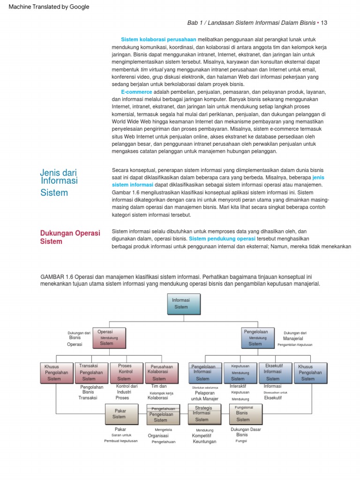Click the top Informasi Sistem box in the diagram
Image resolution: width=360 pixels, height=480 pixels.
(184, 304)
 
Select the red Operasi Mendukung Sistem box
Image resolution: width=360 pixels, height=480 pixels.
(109, 337)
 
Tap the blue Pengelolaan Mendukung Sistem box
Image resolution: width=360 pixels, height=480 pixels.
(257, 337)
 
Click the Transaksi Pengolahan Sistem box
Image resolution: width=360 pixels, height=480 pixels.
(91, 372)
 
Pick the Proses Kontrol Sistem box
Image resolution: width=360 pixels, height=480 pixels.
(126, 372)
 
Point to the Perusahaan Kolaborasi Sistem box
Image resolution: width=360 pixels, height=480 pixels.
(161, 372)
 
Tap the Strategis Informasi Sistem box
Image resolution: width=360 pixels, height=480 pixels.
(203, 414)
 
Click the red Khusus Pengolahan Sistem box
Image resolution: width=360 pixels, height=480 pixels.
(56, 372)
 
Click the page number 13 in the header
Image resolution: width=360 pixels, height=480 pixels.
(324, 23)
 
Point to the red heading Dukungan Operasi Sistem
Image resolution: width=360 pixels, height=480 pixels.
(70, 237)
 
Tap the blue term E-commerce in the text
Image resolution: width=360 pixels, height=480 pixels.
(136, 92)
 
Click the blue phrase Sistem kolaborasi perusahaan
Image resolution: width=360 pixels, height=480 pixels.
(158, 39)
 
